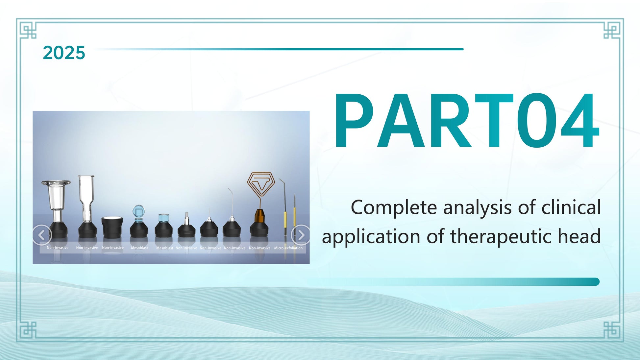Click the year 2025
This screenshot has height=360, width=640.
click(64, 53)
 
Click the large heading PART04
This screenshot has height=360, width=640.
click(467, 121)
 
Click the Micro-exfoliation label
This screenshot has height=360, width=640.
click(288, 248)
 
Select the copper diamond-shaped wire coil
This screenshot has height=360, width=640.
click(261, 185)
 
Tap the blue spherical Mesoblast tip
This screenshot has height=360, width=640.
click(138, 211)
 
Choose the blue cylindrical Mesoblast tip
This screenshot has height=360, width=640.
click(163, 218)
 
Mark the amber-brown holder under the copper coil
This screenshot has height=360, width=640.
click(259, 216)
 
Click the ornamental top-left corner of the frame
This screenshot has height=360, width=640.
click(28, 31)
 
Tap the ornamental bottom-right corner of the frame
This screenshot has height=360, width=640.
click(612, 330)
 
